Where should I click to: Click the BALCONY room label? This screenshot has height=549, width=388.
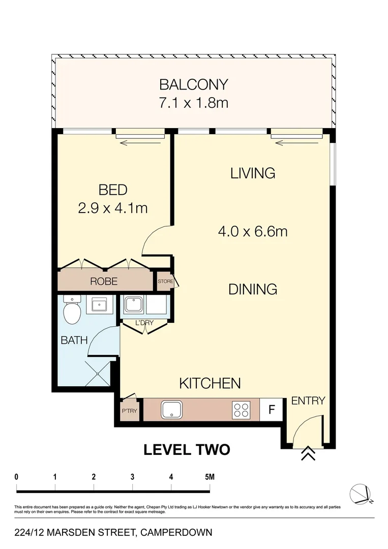tap(193, 84)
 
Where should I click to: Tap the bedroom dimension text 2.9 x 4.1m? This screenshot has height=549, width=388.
tap(113, 208)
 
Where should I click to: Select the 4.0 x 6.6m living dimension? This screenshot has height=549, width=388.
tap(253, 232)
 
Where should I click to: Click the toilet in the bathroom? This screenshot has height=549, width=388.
tap(72, 311)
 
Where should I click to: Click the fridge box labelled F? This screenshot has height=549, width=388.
tap(272, 409)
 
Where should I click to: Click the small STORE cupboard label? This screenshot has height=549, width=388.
tap(165, 281)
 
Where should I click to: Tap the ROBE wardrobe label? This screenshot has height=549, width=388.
tap(104, 281)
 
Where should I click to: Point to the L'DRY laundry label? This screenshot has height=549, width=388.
tap(144, 322)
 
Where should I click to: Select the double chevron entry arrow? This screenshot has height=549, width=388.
tap(307, 454)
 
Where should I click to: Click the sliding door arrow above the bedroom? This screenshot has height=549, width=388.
tap(141, 143)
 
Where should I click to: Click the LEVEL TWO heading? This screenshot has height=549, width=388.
tap(187, 450)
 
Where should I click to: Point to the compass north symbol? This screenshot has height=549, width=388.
tap(362, 494)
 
